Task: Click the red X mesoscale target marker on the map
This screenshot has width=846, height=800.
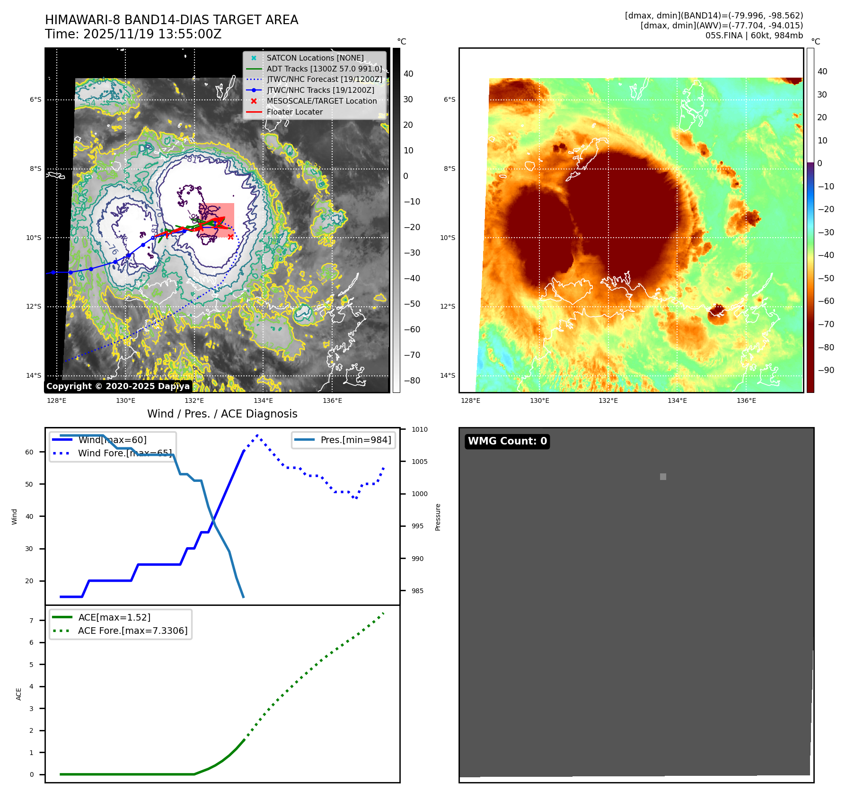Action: (x=230, y=237)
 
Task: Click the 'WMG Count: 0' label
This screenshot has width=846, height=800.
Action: (x=507, y=441)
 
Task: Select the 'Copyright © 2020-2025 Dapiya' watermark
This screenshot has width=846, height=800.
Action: (x=118, y=386)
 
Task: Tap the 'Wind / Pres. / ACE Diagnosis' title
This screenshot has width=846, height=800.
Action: (x=222, y=414)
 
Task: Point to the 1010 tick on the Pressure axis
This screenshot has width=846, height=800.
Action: (x=419, y=429)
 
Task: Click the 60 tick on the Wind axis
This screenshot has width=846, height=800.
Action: (x=29, y=452)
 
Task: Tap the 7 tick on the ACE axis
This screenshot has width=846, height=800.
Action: (x=31, y=621)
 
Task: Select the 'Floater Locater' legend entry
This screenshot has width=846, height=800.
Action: (x=294, y=112)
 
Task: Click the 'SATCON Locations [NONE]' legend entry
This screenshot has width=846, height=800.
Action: (x=315, y=58)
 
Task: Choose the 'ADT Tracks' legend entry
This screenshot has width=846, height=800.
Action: (x=324, y=69)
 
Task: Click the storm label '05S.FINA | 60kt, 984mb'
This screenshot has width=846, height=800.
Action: (x=754, y=36)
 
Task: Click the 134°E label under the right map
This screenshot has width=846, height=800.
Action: (x=677, y=400)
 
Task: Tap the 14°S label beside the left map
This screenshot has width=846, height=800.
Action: (x=33, y=375)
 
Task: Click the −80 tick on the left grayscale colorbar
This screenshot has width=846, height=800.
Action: (x=412, y=381)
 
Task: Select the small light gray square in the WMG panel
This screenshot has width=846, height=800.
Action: (x=663, y=477)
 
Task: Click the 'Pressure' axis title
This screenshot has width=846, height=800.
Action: (x=438, y=517)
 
